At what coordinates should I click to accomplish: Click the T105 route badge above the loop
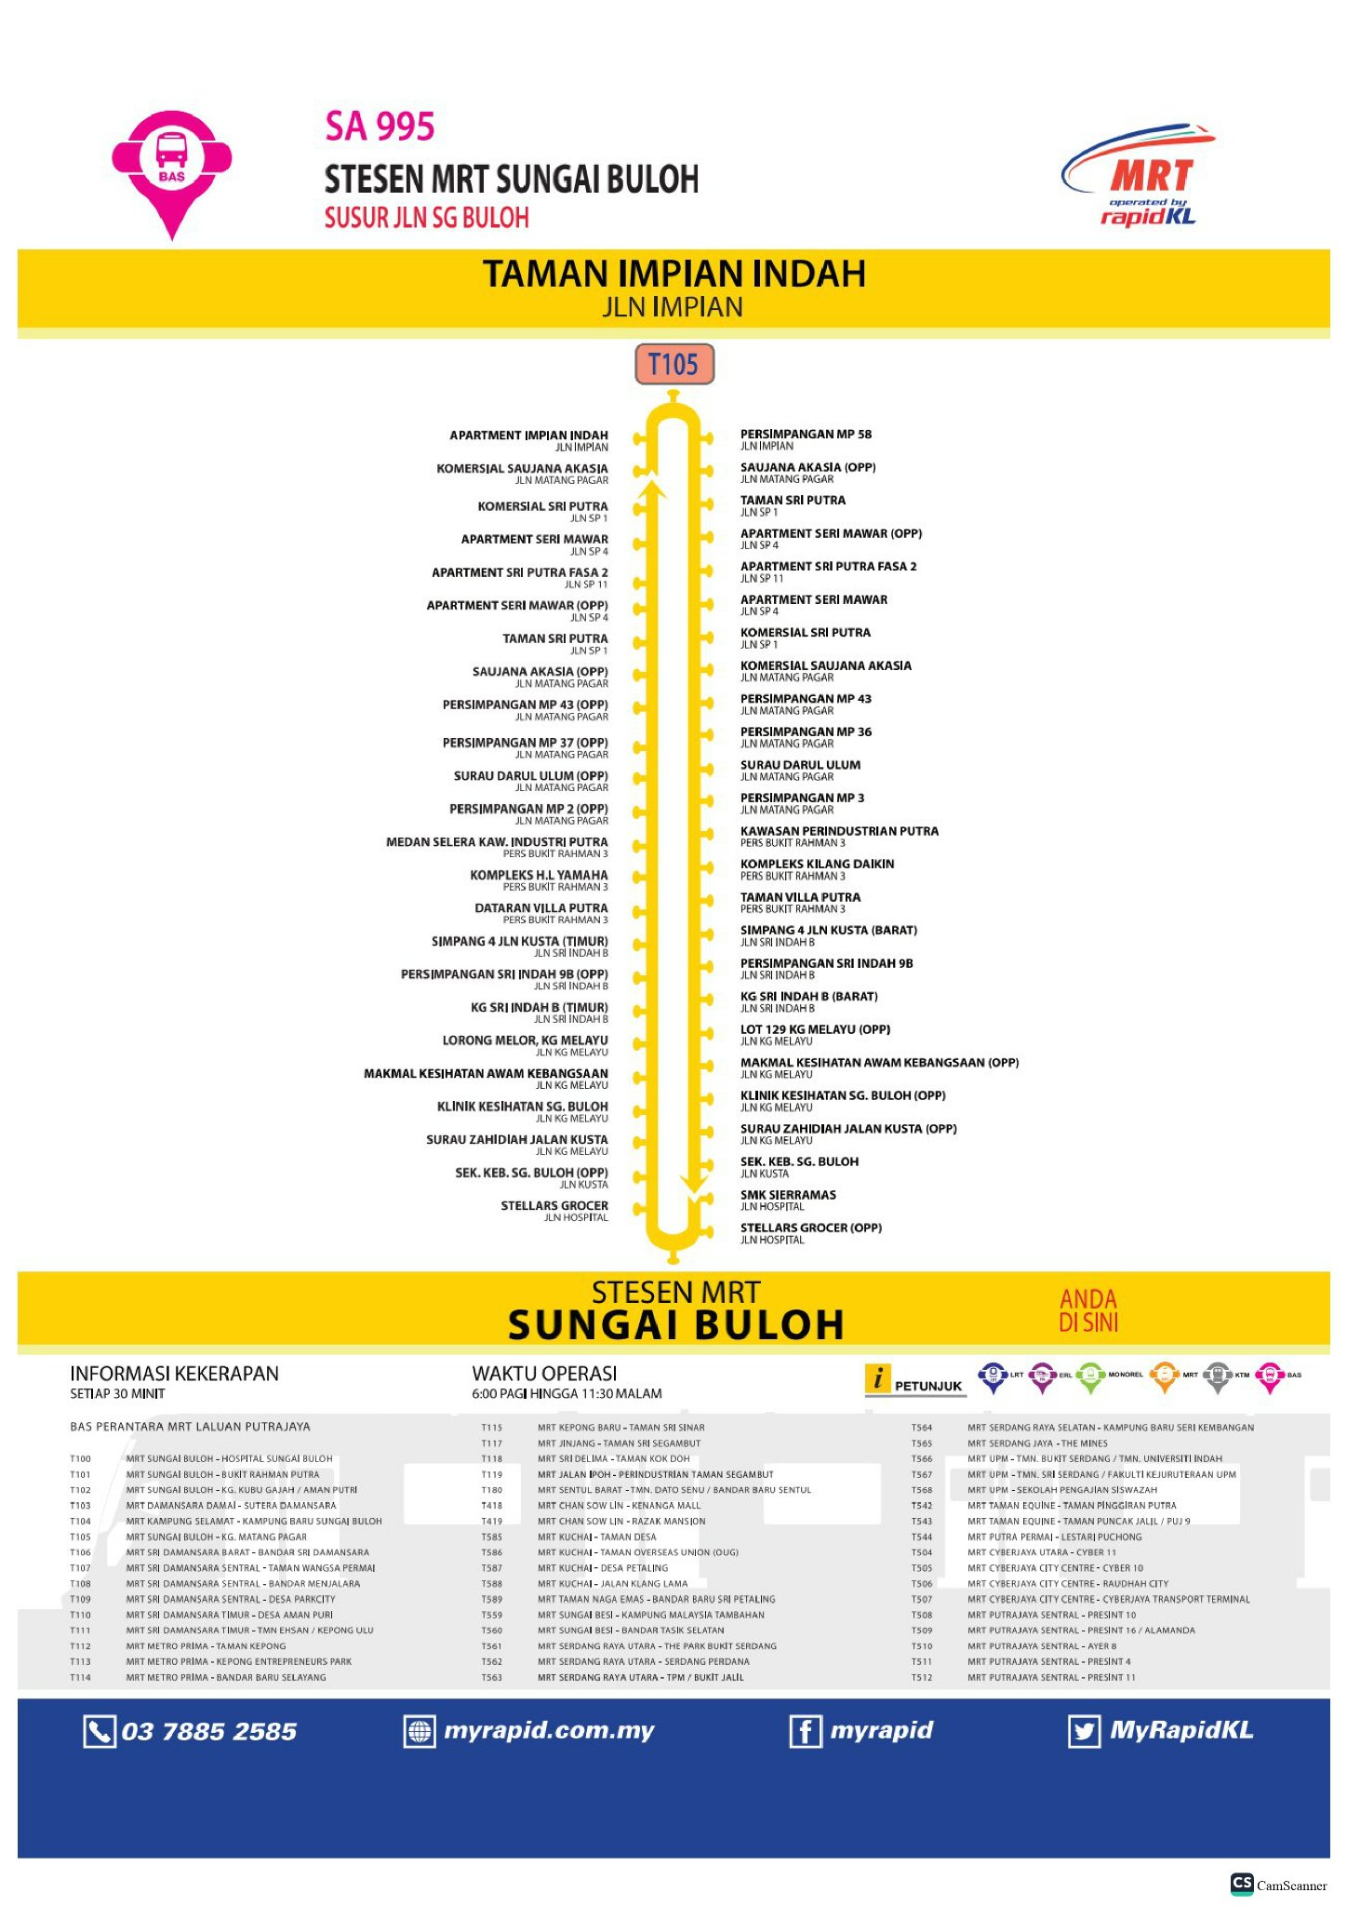(673, 364)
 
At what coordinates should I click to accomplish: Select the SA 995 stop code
(380, 128)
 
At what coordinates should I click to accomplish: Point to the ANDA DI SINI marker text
(1088, 1310)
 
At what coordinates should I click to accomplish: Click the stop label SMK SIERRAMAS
(788, 1195)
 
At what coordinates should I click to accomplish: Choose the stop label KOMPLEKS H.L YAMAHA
(539, 875)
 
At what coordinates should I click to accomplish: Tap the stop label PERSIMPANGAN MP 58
(806, 434)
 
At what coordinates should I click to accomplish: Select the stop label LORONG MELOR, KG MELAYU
(525, 1040)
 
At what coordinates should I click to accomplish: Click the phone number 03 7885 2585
(208, 1732)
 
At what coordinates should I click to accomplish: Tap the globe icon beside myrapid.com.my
(420, 1732)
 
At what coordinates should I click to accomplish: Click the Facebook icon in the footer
(805, 1732)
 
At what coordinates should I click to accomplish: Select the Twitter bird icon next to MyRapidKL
(1084, 1732)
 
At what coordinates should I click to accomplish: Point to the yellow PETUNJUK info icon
(877, 1378)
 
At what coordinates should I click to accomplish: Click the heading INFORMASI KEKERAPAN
(174, 1374)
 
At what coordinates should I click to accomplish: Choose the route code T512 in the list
(922, 1678)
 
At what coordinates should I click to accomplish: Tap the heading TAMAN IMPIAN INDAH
(673, 274)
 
